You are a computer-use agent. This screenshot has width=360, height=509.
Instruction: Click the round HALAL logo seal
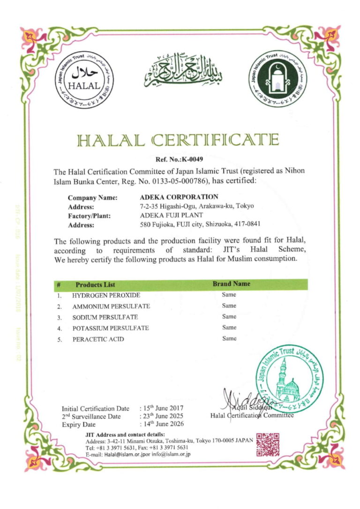pos(85,79)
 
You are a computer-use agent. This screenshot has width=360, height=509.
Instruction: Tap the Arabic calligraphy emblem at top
pos(183,71)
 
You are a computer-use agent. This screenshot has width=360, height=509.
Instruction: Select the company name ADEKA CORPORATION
pos(179,197)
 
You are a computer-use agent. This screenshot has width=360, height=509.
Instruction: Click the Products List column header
pos(95,284)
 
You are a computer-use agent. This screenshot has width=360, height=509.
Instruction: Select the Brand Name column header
pos(232,284)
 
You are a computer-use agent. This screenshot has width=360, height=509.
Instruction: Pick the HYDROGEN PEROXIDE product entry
pos(106,295)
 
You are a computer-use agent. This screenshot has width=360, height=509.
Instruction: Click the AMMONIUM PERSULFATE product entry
pos(111,306)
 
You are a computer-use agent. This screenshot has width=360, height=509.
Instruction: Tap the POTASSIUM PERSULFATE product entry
pos(110,328)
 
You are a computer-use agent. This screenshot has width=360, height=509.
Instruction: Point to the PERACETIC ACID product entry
pos(98,339)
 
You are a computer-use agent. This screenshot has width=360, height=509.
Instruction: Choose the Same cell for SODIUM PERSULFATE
pos(229,317)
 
